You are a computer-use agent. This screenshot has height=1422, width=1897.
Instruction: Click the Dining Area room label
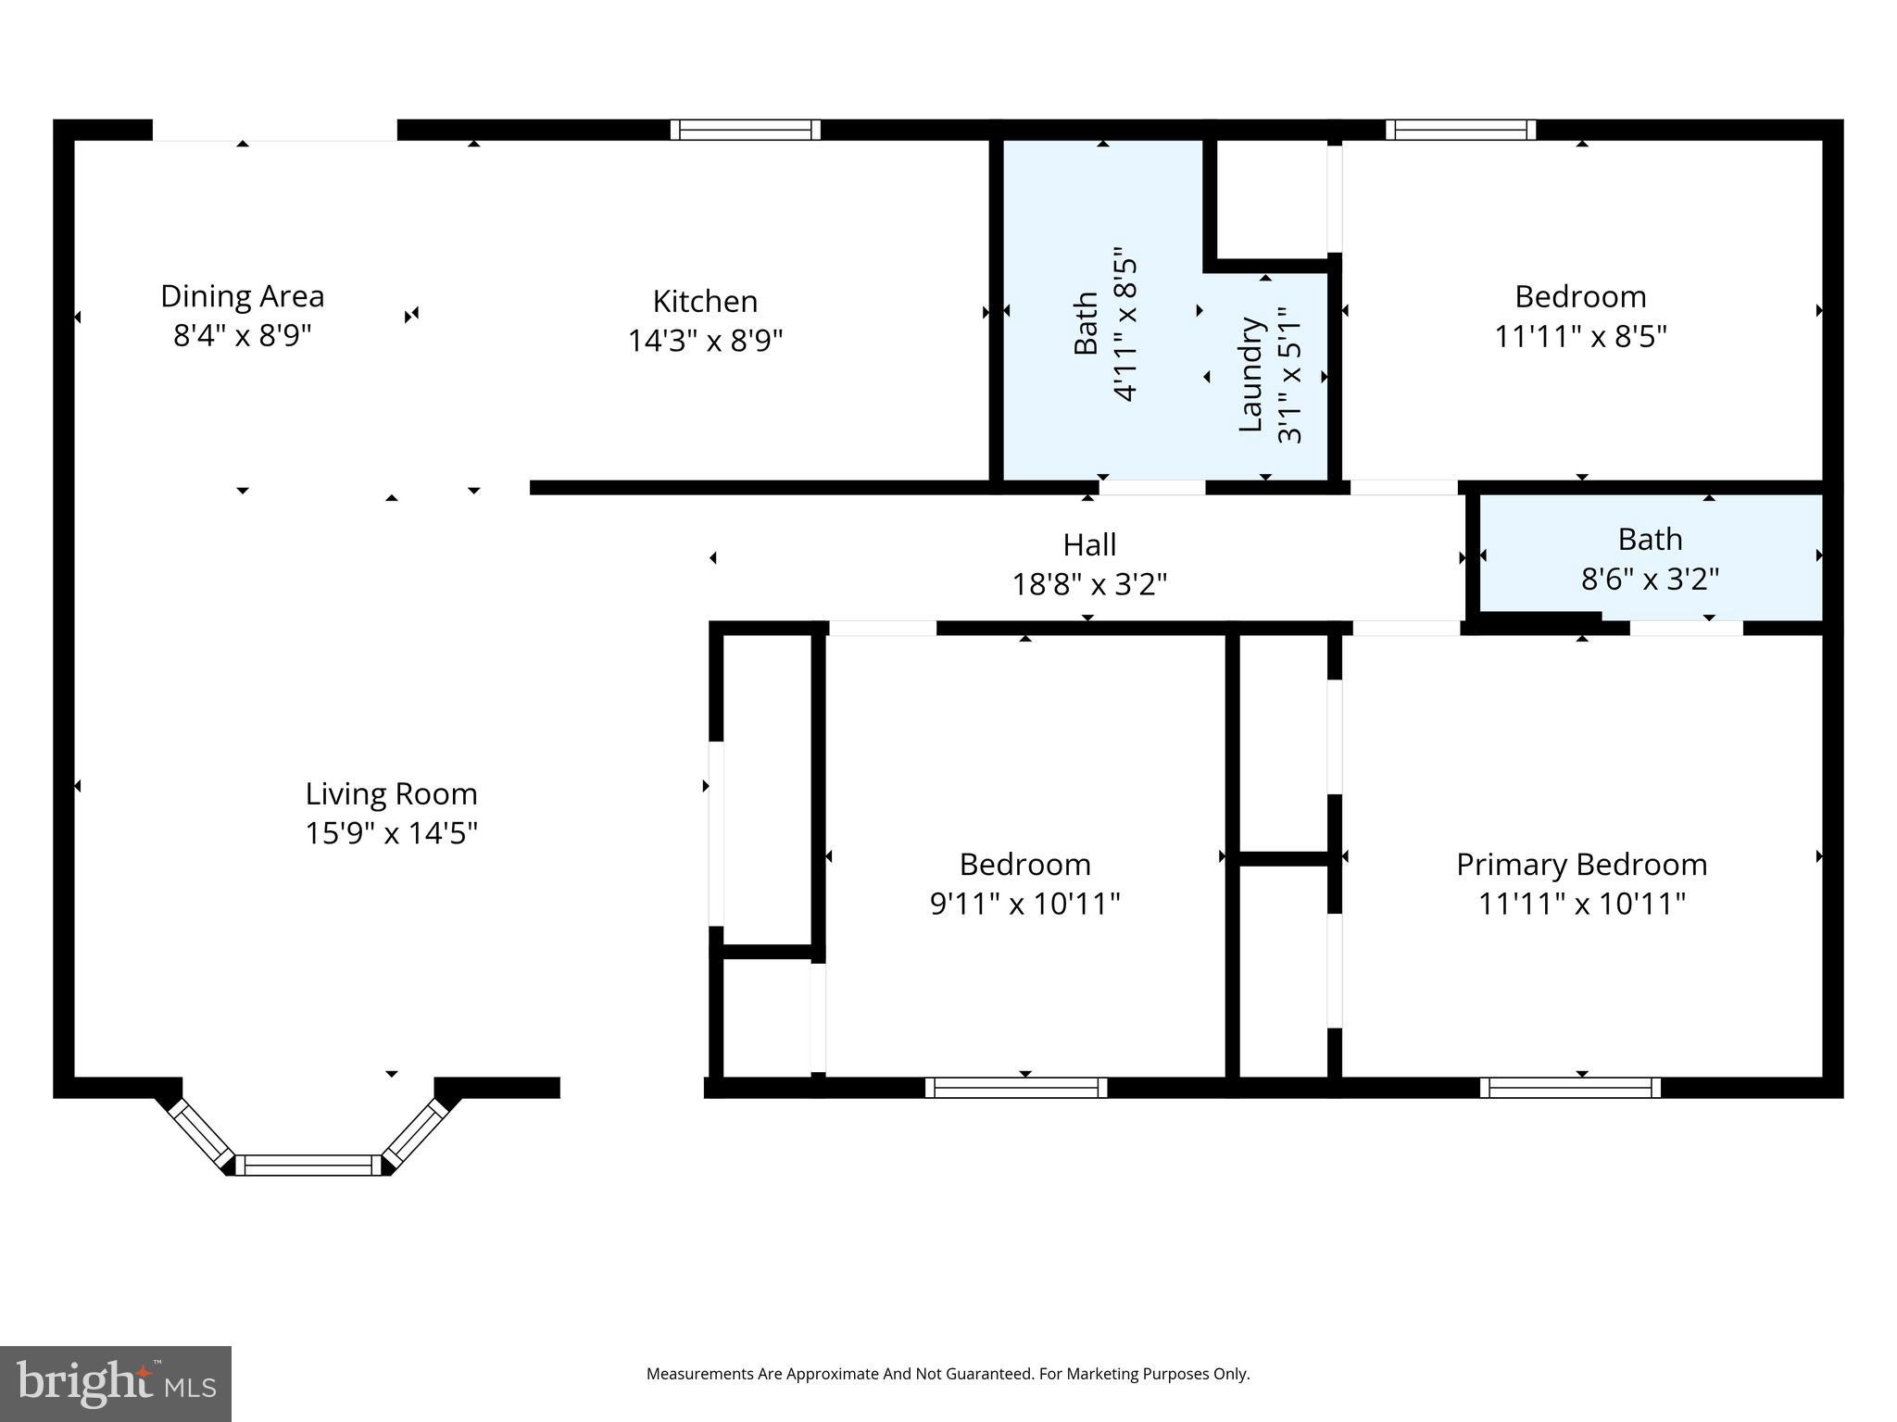click(242, 296)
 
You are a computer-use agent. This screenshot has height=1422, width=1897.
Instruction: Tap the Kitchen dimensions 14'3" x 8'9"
click(705, 341)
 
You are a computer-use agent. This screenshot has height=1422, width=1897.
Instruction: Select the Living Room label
click(391, 793)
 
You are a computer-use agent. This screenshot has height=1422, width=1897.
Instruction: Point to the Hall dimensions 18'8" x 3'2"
click(1088, 584)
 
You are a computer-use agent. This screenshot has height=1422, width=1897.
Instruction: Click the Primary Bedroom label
click(1581, 864)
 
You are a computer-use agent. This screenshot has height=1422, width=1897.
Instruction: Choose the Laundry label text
click(1250, 375)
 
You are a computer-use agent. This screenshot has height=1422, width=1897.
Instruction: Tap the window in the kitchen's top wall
click(745, 130)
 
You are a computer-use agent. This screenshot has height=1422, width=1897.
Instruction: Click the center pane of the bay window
click(308, 1165)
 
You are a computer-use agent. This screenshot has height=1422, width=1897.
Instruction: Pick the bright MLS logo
click(116, 1383)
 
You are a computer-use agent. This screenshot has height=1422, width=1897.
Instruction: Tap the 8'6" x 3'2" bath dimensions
click(1649, 580)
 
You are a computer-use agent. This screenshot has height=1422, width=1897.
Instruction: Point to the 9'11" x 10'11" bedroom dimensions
click(1024, 903)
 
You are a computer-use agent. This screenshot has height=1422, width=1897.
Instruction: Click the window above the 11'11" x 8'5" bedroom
click(1460, 130)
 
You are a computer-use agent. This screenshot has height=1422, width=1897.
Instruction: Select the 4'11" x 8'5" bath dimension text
click(1124, 324)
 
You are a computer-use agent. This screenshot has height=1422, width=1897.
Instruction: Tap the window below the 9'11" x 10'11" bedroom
click(1015, 1087)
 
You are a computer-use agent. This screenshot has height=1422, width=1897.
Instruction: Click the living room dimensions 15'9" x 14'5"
click(391, 833)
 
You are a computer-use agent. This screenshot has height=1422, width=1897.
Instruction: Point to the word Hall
click(1088, 544)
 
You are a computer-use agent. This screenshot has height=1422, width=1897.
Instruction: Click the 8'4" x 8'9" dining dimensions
click(242, 335)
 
